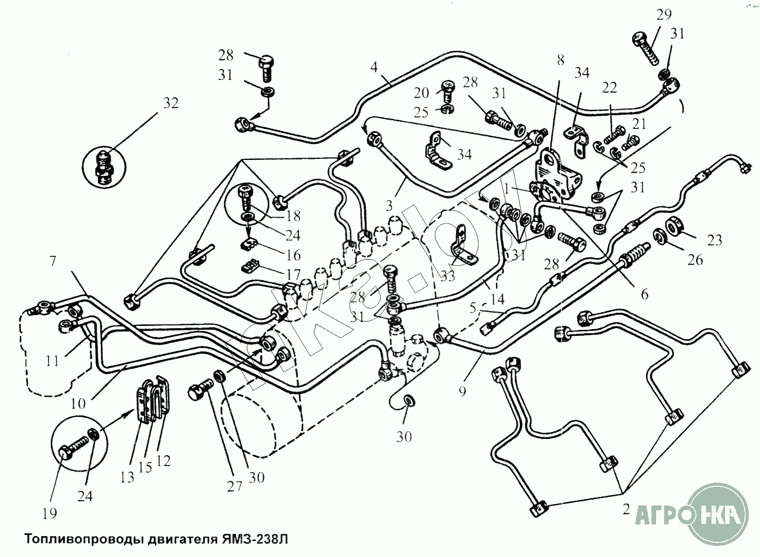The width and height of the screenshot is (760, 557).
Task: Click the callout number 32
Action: coord(171,103)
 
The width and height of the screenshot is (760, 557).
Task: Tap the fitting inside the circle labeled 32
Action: coord(104,166)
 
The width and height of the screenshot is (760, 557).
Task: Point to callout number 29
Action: coord(664,14)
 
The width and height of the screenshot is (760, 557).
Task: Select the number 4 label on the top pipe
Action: coord(374,68)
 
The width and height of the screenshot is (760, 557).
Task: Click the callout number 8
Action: coord(560,60)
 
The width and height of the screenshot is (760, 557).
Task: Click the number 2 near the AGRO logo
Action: coord(626,510)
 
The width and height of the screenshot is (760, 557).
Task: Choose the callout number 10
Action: coord(78,403)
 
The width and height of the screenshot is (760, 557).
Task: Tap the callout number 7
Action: coord(53,261)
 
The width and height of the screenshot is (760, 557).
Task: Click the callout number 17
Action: coord(293,274)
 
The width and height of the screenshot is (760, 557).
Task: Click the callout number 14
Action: coord(497,299)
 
